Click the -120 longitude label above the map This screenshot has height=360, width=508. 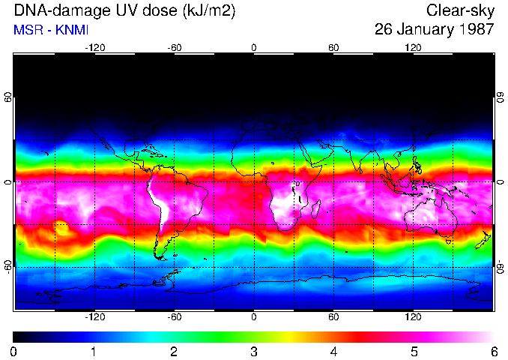[94, 47]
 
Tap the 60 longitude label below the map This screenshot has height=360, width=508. [333, 316]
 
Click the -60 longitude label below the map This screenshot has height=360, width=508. [174, 316]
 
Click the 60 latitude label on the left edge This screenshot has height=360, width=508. [7, 97]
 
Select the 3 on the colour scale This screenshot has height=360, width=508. [253, 351]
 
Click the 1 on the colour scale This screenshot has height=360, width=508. [94, 351]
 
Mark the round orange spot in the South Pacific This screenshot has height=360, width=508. [60, 226]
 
